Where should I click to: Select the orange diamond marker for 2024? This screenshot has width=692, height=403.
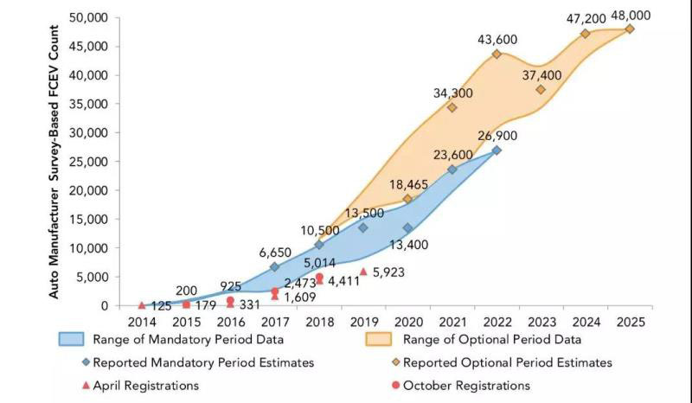586,34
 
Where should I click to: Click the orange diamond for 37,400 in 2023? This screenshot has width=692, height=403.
541,89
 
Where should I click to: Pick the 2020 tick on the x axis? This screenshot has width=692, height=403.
407,322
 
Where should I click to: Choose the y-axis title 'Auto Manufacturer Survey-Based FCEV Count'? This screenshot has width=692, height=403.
54,162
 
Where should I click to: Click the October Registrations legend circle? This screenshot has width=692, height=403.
395,386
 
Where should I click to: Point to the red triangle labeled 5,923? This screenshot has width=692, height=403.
363,272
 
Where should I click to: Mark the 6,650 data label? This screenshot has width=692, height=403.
276,252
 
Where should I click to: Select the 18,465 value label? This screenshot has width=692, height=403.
408,184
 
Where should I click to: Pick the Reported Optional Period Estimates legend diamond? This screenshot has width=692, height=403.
395,362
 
